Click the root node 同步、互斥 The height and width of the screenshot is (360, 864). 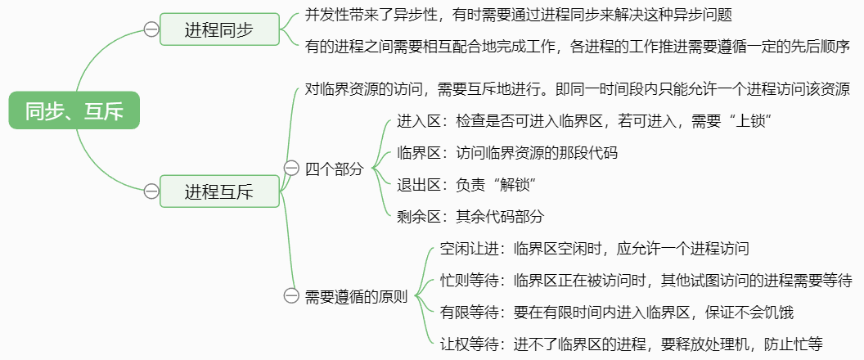pyautogui.click(x=74, y=110)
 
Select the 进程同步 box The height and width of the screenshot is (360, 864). pyautogui.click(x=219, y=29)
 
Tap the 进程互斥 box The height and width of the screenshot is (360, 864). pyautogui.click(x=219, y=191)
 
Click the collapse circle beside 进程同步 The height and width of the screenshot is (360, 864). pyautogui.click(x=151, y=29)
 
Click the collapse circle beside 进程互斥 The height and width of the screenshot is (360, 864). pyautogui.click(x=151, y=191)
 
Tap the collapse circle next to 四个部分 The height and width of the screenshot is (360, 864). pyautogui.click(x=291, y=169)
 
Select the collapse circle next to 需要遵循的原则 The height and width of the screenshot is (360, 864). pyautogui.click(x=291, y=296)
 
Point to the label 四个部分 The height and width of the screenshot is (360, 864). pyautogui.click(x=335, y=169)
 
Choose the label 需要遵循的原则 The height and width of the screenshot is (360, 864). pyautogui.click(x=356, y=297)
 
